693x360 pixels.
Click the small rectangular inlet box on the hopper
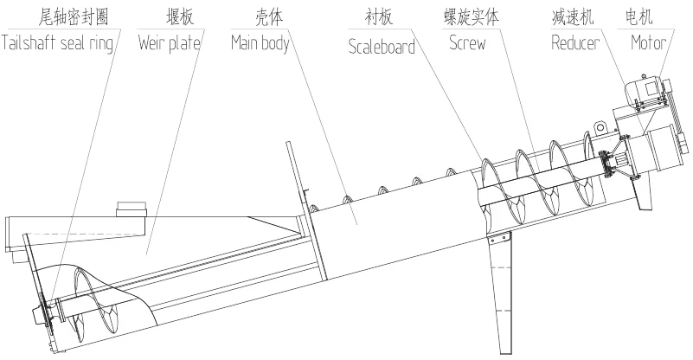(132, 209)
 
